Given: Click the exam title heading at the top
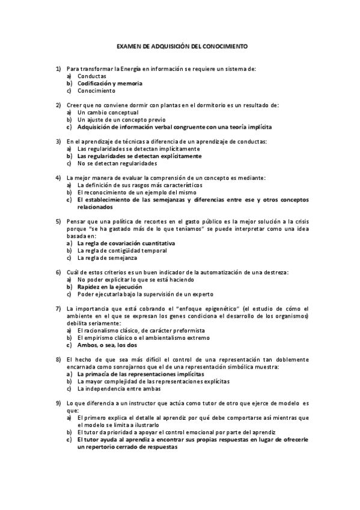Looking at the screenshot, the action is (181, 46).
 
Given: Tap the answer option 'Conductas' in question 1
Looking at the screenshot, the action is (92, 76).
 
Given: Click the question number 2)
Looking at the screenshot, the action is (58, 105).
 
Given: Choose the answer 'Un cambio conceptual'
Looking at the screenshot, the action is (108, 112).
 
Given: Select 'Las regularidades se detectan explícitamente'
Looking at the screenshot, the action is (139, 156).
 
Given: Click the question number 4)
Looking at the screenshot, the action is (58, 177).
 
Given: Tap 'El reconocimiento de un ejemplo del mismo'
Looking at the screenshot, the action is (136, 192).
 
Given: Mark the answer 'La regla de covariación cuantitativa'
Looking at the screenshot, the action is (126, 243).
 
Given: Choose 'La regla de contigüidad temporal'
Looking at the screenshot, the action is (122, 250).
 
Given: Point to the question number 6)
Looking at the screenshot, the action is (58, 272).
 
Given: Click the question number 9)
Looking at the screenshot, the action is (58, 403).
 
